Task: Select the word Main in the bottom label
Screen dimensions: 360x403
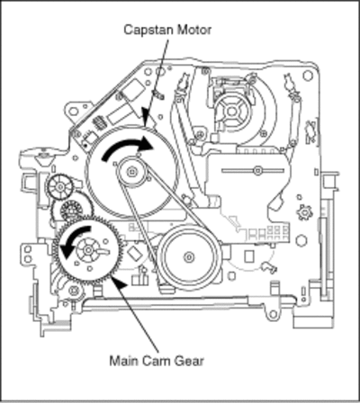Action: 123,361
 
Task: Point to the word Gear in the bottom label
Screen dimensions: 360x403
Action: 190,361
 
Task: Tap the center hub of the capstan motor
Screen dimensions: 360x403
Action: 131,172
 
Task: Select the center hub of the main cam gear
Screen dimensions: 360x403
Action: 88,250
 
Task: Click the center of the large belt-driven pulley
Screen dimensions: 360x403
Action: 189,257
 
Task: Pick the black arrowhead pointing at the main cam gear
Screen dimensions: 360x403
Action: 118,283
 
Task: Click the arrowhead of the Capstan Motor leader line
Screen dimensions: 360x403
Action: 146,118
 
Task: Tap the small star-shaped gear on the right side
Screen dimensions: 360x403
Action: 304,212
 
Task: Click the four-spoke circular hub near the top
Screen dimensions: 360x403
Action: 231,112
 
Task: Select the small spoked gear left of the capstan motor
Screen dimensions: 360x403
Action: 60,187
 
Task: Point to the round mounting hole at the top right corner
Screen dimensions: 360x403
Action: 308,76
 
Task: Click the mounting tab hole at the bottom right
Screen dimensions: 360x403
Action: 273,315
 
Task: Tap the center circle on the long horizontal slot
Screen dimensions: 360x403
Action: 257,171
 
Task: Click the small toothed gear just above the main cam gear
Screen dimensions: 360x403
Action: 71,210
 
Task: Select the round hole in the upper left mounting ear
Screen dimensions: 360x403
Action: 74,112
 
